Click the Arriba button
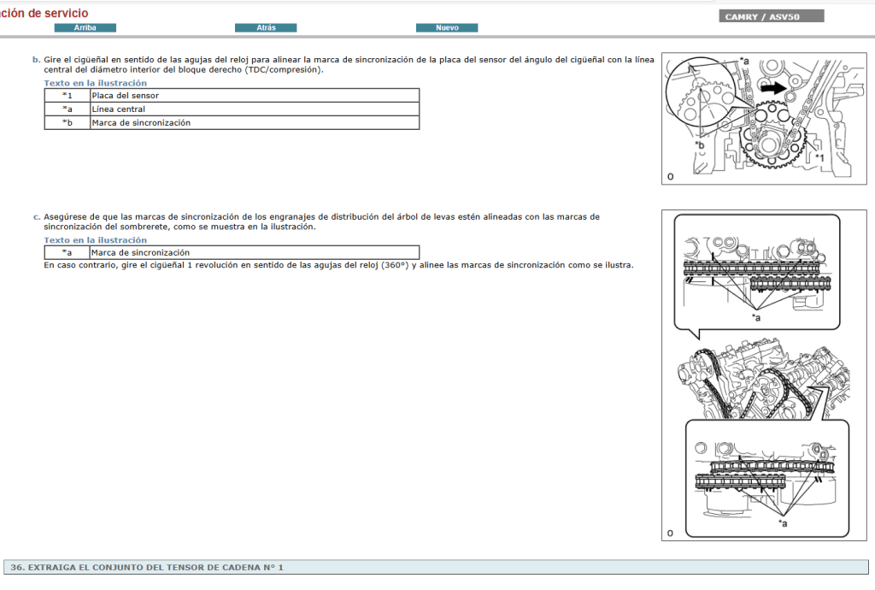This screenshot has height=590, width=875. tap(85, 28)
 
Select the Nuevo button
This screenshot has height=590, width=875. tap(447, 28)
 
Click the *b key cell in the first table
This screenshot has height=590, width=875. tap(68, 123)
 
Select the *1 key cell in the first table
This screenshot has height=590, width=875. tap(68, 96)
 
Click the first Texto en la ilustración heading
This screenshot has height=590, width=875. tap(96, 83)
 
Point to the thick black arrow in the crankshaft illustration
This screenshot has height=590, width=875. tap(772, 87)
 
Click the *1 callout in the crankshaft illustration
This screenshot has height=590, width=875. tap(819, 158)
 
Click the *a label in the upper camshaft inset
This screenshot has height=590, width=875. tap(755, 318)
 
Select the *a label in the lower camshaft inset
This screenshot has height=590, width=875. tap(782, 522)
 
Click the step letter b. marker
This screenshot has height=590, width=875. tap(37, 60)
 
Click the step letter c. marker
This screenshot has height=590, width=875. tap(37, 217)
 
